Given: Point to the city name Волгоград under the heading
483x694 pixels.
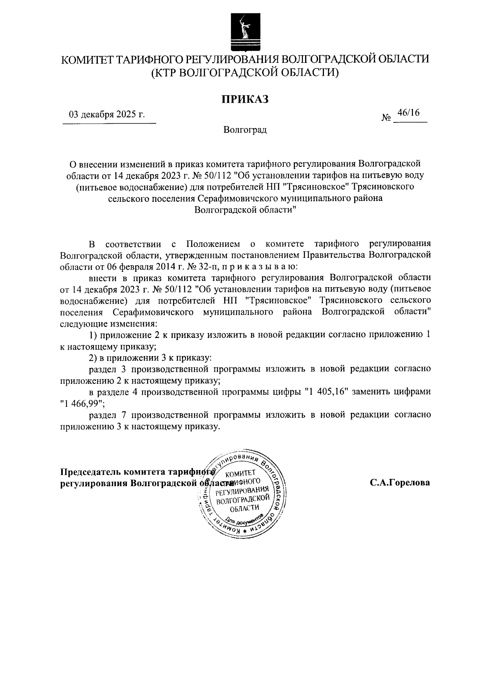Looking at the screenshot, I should (x=245, y=130).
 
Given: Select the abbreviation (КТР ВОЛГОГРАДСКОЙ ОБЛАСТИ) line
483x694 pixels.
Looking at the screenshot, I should (x=245, y=73).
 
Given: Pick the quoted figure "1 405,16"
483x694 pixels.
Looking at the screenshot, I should (x=326, y=392).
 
